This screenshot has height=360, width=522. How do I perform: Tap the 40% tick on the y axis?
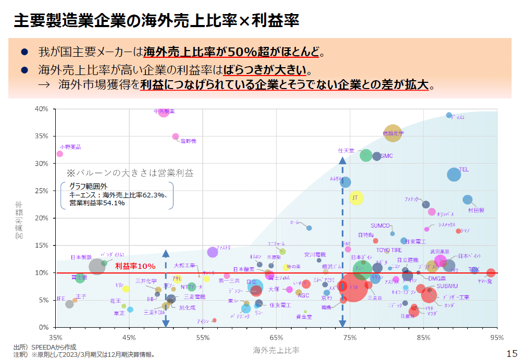[x=42, y=109]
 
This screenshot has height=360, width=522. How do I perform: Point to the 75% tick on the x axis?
[x=350, y=337]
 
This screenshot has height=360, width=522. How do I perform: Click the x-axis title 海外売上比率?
[x=276, y=349]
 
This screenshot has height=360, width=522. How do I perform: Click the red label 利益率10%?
[x=135, y=266]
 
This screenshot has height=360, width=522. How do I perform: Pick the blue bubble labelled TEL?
[x=454, y=175]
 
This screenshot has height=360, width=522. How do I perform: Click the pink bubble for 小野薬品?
[x=60, y=154]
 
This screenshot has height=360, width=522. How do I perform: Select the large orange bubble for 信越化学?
[x=393, y=133]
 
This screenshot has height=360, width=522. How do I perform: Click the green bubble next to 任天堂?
[x=366, y=155]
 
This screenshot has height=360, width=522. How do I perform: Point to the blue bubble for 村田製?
[x=468, y=200]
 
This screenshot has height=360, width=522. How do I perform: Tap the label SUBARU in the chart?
[x=447, y=286]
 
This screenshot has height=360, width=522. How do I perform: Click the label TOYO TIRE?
[x=389, y=251]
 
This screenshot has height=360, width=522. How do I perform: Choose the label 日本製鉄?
[x=81, y=257]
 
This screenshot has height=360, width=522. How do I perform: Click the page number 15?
[x=512, y=353]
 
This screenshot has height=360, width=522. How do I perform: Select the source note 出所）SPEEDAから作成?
[x=45, y=347]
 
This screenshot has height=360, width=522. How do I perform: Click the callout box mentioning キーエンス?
[x=117, y=195]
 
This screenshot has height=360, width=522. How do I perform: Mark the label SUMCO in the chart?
[x=380, y=226]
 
